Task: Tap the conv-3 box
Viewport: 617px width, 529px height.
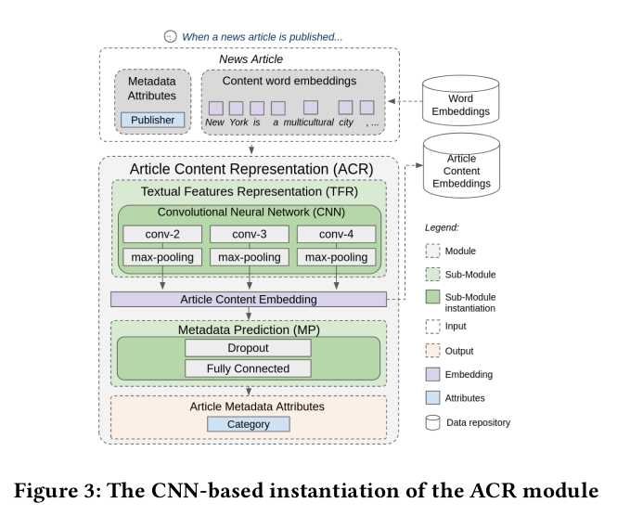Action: (250, 234)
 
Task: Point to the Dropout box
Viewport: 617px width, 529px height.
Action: (249, 348)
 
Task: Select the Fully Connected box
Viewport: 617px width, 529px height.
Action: (249, 368)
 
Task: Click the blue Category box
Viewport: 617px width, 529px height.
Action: (249, 423)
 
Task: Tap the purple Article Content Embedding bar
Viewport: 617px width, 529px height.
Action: (248, 299)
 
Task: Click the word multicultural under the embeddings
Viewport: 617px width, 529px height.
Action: (309, 123)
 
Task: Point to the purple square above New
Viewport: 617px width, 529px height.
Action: (215, 107)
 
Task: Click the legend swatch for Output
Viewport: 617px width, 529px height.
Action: (433, 351)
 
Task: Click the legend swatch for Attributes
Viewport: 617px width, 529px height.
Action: (433, 398)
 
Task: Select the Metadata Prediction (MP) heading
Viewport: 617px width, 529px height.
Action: (249, 329)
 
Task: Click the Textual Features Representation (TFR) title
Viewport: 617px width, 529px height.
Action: (249, 192)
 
